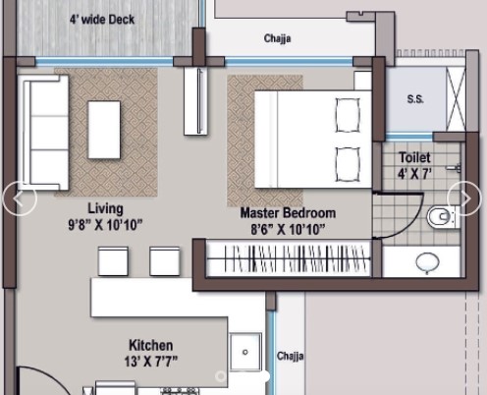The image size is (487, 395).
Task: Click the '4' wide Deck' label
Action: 102,20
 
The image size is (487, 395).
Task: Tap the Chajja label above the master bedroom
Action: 277,38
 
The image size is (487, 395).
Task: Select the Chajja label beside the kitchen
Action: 290,356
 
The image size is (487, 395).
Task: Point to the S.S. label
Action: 415,98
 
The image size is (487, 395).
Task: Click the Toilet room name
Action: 414,157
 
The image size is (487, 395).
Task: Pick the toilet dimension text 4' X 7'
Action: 414,174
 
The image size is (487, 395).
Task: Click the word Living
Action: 105,208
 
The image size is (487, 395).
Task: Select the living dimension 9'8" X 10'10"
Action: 105,225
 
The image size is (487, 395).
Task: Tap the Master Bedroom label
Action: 288,213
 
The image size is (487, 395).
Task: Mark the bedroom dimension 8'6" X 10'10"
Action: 288,229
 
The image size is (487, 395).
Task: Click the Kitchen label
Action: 151,345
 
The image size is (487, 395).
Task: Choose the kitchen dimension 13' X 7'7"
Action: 151,362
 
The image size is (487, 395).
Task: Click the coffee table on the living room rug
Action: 104,130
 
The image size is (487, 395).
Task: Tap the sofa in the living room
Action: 43,133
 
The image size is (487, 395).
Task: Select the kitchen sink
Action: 245,352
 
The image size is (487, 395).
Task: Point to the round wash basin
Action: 427,262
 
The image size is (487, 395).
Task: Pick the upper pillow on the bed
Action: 348,115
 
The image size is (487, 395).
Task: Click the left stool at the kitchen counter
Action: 113,261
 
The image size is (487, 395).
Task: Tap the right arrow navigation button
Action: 464,198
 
